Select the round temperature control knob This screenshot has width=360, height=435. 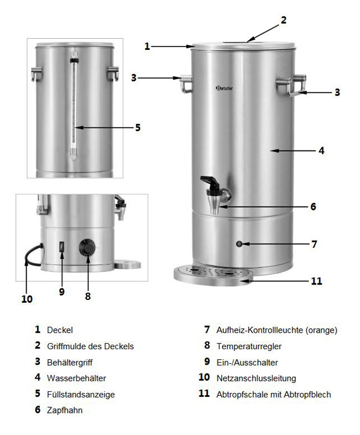88,247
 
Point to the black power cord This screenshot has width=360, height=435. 29,255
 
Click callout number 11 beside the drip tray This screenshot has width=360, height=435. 316,281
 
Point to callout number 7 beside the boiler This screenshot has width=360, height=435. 313,244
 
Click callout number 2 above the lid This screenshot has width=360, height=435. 283,20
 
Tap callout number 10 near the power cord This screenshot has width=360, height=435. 27,299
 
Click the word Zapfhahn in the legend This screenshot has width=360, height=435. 65,410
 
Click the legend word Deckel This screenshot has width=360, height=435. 60,330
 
